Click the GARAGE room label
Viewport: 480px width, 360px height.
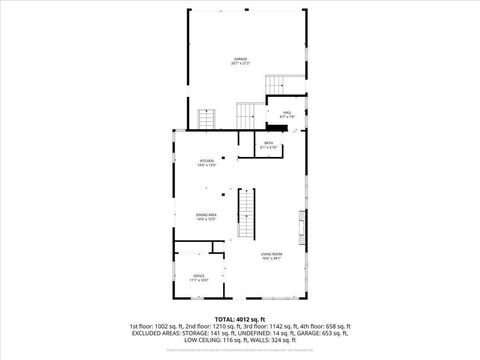point(239,61)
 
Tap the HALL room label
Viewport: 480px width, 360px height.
point(286,113)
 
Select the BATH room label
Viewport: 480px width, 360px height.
point(268,144)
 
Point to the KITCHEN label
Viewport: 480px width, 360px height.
point(206,162)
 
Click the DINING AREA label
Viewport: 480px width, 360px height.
point(207,216)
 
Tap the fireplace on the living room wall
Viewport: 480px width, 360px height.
point(302,220)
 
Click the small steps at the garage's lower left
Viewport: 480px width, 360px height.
point(206,119)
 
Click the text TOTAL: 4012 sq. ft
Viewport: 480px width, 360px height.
point(239,319)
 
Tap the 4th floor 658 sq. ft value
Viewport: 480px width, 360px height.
point(326,327)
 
